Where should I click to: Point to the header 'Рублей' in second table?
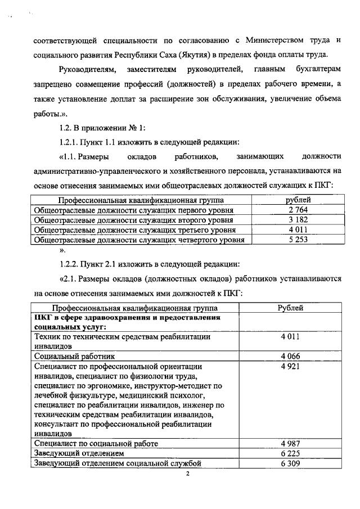coord(291,308)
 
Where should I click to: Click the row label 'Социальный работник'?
coord(75,356)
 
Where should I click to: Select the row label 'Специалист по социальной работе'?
coord(92,444)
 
